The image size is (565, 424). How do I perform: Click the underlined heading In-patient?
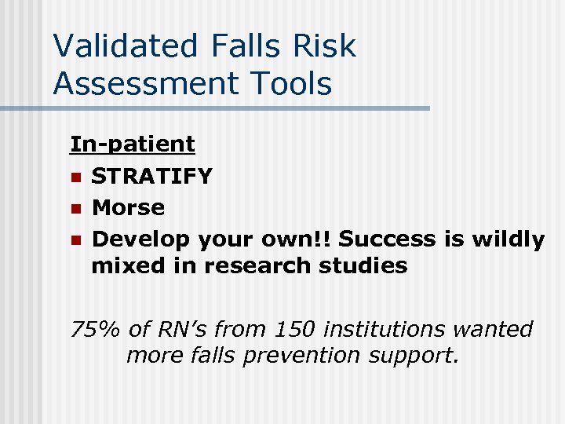coord(133,144)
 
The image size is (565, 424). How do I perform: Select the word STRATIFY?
coord(151,176)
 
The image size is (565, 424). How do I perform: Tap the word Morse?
coord(128,208)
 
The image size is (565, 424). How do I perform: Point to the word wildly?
coord(505,239)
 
